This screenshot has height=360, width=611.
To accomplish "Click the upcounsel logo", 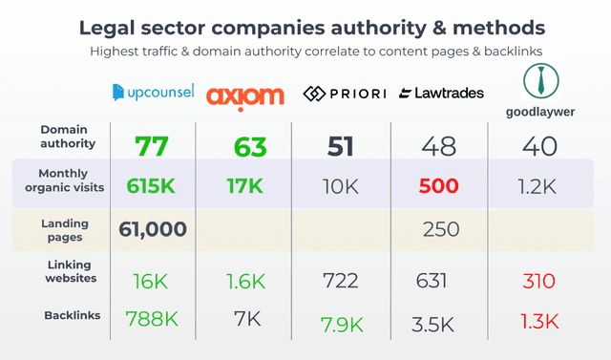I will click(x=153, y=93).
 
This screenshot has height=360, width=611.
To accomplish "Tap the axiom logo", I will click(x=244, y=94).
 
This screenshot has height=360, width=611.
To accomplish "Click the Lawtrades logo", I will click(x=441, y=93).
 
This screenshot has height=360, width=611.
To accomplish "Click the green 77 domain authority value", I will click(x=152, y=146).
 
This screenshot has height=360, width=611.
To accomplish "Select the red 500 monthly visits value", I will click(x=438, y=186).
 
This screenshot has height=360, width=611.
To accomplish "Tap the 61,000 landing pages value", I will click(x=153, y=229).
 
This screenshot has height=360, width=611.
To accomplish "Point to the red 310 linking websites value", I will click(x=538, y=281).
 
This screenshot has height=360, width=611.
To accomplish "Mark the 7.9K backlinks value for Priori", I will click(x=341, y=324).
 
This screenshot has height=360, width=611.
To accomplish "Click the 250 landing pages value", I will click(x=440, y=229).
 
